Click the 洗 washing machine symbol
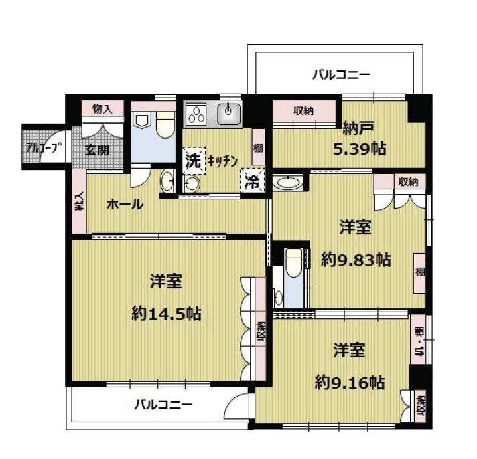tap(194, 161)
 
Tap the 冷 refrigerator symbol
tap(253, 180)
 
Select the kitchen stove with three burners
tap(195, 114)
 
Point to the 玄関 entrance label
tap(96, 149)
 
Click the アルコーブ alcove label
tap(44, 148)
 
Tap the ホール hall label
tap(125, 204)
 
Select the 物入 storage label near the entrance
tap(103, 109)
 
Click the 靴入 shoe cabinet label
tap(80, 202)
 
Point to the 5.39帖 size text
tap(360, 149)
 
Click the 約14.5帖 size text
tap(166, 314)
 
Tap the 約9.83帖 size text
tap(356, 260)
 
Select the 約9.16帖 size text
tap(350, 383)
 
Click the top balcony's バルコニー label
tap(341, 74)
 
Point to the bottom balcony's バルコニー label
tap(163, 405)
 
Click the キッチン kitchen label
tap(222, 161)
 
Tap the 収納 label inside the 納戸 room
tap(303, 110)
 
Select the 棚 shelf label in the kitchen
tap(258, 149)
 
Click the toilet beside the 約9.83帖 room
tap(293, 262)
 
